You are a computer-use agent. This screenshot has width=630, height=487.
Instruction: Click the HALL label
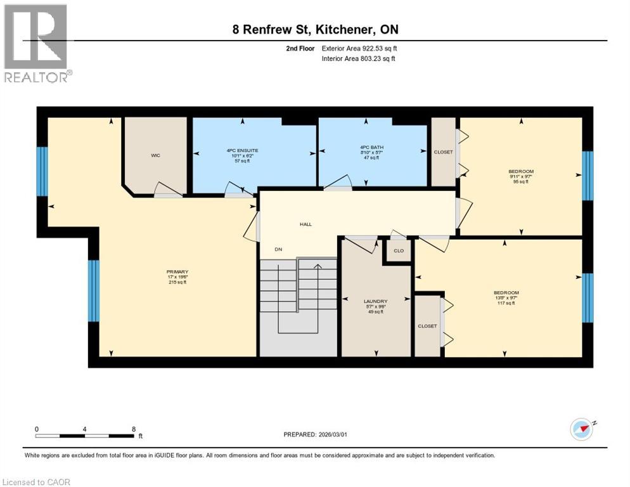pyautogui.click(x=305, y=224)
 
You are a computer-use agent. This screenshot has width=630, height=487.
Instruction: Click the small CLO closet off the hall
pyautogui.click(x=398, y=250)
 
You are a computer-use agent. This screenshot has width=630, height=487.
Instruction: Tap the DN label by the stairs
pyautogui.click(x=278, y=249)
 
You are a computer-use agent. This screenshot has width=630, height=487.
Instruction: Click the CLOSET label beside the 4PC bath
pyautogui.click(x=443, y=152)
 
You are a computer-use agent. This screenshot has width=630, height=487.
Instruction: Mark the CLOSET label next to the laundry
pyautogui.click(x=427, y=326)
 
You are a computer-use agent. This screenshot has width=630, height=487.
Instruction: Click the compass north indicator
pyautogui.click(x=582, y=429)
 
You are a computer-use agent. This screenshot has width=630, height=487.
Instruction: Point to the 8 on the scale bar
pyautogui.click(x=133, y=429)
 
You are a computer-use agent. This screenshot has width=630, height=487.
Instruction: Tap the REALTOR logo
pyautogui.click(x=36, y=43)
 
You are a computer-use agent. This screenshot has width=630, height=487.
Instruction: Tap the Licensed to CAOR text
pyautogui.click(x=37, y=482)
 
